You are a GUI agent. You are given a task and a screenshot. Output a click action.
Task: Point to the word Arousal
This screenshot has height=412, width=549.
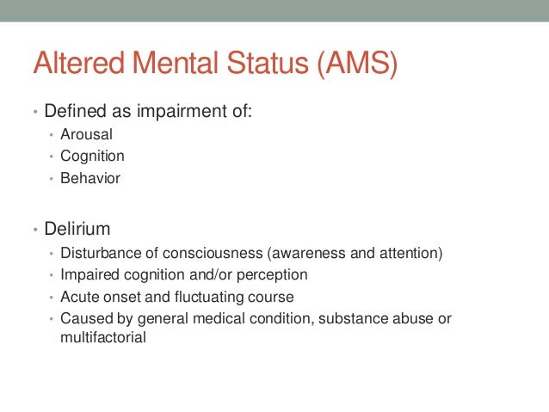86,134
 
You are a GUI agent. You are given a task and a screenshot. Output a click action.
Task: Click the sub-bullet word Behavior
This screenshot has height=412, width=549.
90,179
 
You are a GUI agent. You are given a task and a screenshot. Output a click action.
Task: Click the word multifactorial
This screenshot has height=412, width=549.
103,338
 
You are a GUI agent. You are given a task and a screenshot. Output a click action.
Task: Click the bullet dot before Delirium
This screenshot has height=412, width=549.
35,231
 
